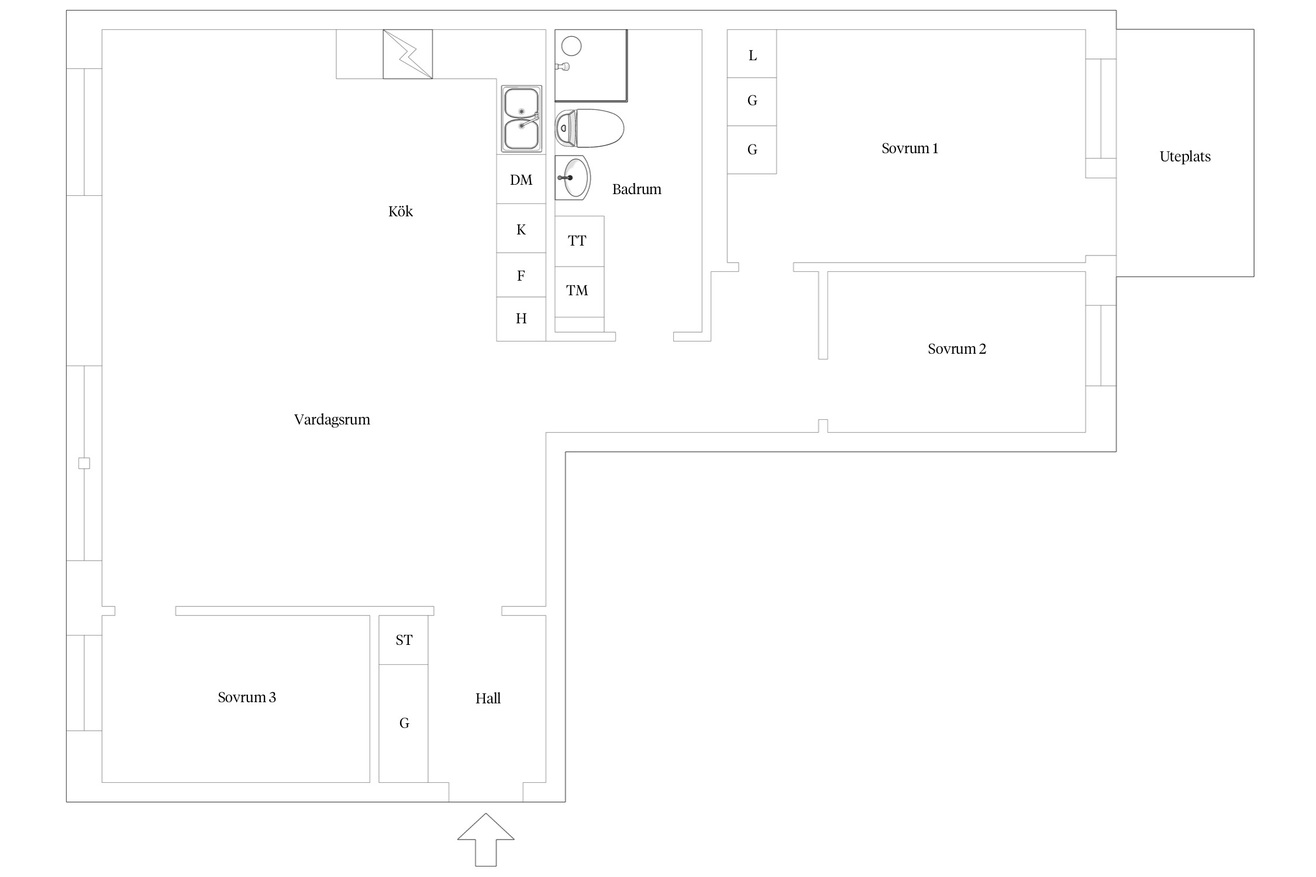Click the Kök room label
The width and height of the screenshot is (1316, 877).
click(x=401, y=211)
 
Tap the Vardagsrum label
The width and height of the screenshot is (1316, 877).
click(x=332, y=420)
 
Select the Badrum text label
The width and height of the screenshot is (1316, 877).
click(x=636, y=189)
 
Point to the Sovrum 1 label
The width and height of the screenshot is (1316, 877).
click(x=910, y=149)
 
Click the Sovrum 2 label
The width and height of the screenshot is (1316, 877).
click(x=957, y=349)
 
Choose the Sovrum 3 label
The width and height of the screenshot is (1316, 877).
click(x=247, y=698)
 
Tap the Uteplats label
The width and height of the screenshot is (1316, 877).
click(x=1185, y=157)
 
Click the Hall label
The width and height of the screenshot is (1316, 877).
click(x=488, y=698)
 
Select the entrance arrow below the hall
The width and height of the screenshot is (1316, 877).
click(x=485, y=840)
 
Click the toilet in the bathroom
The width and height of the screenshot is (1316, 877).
click(x=589, y=128)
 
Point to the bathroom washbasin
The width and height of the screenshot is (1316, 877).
click(x=573, y=178)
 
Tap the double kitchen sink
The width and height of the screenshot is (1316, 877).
click(x=521, y=119)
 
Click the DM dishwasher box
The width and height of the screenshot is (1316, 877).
click(x=521, y=179)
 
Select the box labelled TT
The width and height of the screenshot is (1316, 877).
click(x=579, y=241)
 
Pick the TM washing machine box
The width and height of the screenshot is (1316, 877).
click(x=579, y=292)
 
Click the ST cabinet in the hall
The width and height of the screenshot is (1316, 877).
click(x=404, y=640)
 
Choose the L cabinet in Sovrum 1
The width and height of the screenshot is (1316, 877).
click(x=752, y=54)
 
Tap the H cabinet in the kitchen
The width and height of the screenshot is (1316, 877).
click(x=521, y=319)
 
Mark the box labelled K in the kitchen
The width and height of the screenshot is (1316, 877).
click(x=521, y=228)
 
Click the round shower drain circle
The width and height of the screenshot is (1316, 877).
click(x=571, y=46)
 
